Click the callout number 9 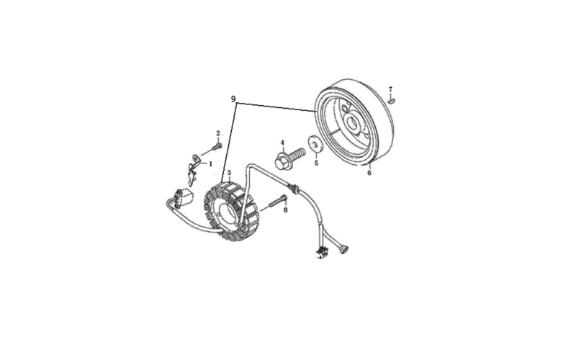(x=233, y=99)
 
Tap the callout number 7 (x=390, y=89)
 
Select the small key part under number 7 (x=392, y=99)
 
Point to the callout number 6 (x=369, y=173)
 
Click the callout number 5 (x=316, y=163)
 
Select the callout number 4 (x=282, y=143)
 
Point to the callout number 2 (x=218, y=133)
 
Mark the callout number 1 (x=210, y=164)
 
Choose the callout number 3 (x=229, y=173)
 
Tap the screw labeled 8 (x=278, y=202)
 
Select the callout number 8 (x=285, y=210)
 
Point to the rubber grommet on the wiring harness (x=294, y=188)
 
